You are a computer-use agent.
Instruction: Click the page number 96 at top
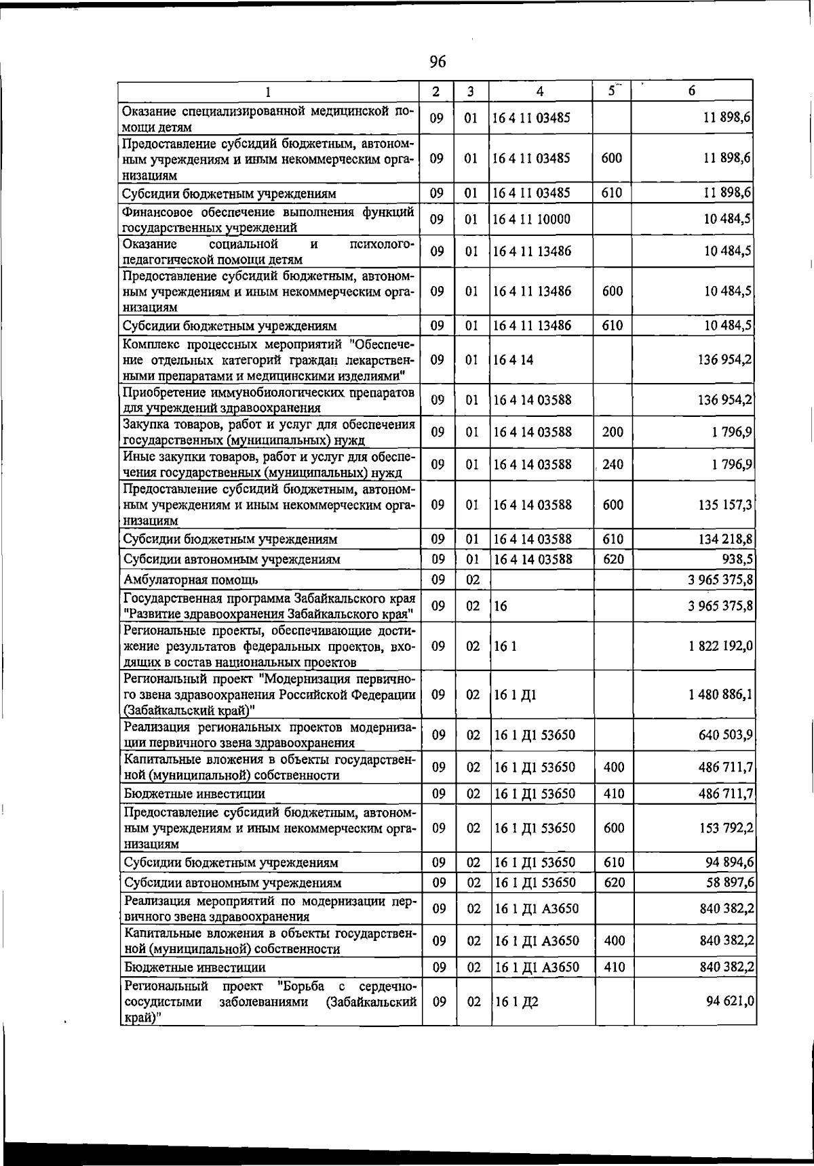(438, 62)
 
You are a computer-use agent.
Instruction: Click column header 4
(539, 92)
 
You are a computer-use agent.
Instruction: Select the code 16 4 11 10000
(532, 219)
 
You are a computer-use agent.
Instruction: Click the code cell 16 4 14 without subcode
(513, 360)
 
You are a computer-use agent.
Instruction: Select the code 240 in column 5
(613, 465)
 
